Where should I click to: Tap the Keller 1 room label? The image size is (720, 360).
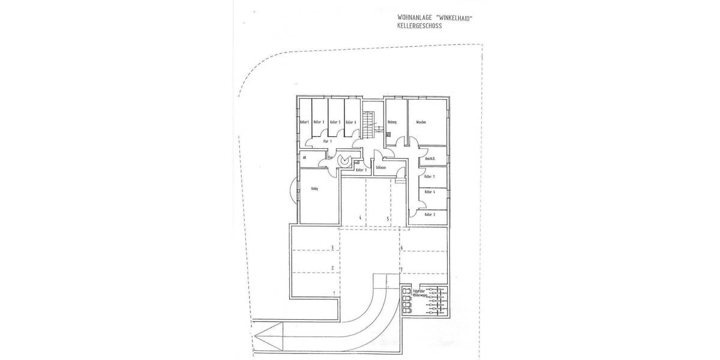tap(304, 122)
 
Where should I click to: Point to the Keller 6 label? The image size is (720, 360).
tap(351, 122)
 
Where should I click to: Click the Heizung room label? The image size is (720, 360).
tap(393, 122)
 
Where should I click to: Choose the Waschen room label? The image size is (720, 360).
tap(421, 122)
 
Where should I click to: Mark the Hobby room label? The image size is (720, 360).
tap(314, 188)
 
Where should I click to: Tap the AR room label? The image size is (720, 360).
tap(305, 158)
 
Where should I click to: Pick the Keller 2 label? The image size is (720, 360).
tap(430, 214)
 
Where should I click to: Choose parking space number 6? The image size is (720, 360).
tap(401, 247)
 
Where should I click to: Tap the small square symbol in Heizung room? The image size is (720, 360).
tap(389, 134)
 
